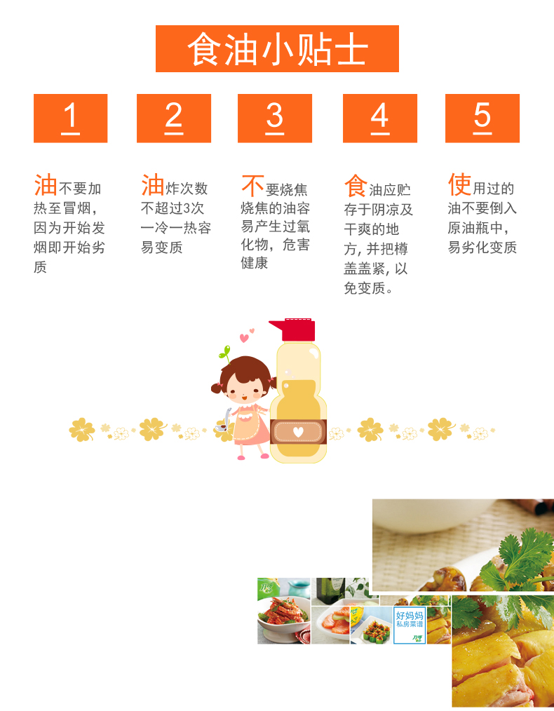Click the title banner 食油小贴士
(277, 48)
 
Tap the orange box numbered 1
(70, 118)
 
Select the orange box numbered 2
(174, 118)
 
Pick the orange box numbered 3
(275, 118)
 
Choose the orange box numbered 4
(380, 118)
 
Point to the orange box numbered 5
(482, 118)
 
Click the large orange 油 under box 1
(46, 185)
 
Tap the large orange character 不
(252, 185)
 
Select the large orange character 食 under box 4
(356, 185)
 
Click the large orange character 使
(460, 184)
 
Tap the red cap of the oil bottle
(292, 330)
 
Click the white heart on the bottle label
(298, 432)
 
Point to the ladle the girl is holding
(224, 421)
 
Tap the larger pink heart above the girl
(244, 338)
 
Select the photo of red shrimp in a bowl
(284, 611)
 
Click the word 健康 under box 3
(255, 263)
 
